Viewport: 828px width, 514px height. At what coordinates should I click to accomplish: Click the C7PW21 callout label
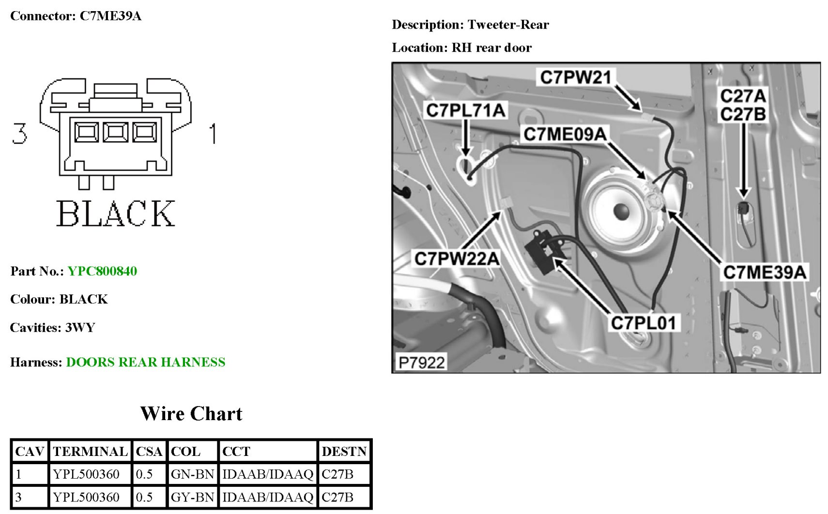575,77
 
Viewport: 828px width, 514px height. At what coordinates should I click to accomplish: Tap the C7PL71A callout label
465,110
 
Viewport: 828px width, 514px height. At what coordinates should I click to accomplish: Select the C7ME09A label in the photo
565,134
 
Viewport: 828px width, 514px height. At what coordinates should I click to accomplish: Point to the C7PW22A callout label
456,258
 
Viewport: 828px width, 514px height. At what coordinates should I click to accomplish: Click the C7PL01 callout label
643,323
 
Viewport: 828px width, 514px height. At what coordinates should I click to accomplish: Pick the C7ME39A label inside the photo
765,272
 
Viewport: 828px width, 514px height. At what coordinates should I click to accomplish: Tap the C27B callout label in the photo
743,115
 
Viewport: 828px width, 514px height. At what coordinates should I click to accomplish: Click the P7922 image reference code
421,362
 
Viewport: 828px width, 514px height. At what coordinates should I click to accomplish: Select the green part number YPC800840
102,271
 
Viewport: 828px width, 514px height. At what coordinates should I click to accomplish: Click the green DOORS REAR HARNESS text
145,362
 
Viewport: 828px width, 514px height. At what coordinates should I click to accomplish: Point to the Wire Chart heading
191,414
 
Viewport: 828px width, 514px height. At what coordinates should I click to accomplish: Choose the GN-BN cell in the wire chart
192,474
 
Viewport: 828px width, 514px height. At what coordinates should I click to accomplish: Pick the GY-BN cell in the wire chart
192,497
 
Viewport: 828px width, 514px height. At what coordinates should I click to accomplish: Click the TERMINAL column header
90,452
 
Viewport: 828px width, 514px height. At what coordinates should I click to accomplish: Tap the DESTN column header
344,452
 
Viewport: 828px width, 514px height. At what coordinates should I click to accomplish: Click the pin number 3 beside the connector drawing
19,134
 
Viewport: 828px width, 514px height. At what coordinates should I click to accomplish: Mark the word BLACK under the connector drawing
115,214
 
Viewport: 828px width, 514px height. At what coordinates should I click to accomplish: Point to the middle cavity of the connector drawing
115,132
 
